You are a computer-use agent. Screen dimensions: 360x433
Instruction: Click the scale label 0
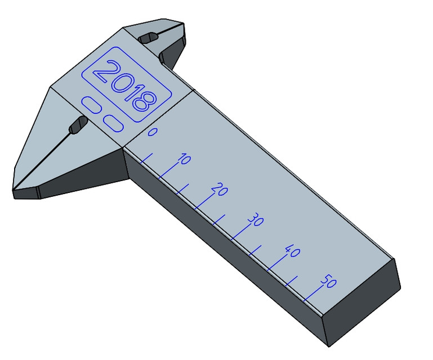(152, 133)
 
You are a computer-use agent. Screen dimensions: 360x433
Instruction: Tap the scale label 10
(184, 160)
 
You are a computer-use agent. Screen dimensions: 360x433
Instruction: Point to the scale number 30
(256, 220)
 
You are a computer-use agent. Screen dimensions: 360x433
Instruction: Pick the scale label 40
(292, 251)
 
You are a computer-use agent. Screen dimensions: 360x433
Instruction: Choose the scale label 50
(328, 282)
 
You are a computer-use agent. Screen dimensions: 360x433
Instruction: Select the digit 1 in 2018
(131, 93)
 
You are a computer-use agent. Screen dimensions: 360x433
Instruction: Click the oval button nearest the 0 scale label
(113, 123)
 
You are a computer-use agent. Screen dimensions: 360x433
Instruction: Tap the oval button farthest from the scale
(91, 104)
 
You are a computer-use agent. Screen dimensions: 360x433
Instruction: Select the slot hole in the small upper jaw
(149, 38)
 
